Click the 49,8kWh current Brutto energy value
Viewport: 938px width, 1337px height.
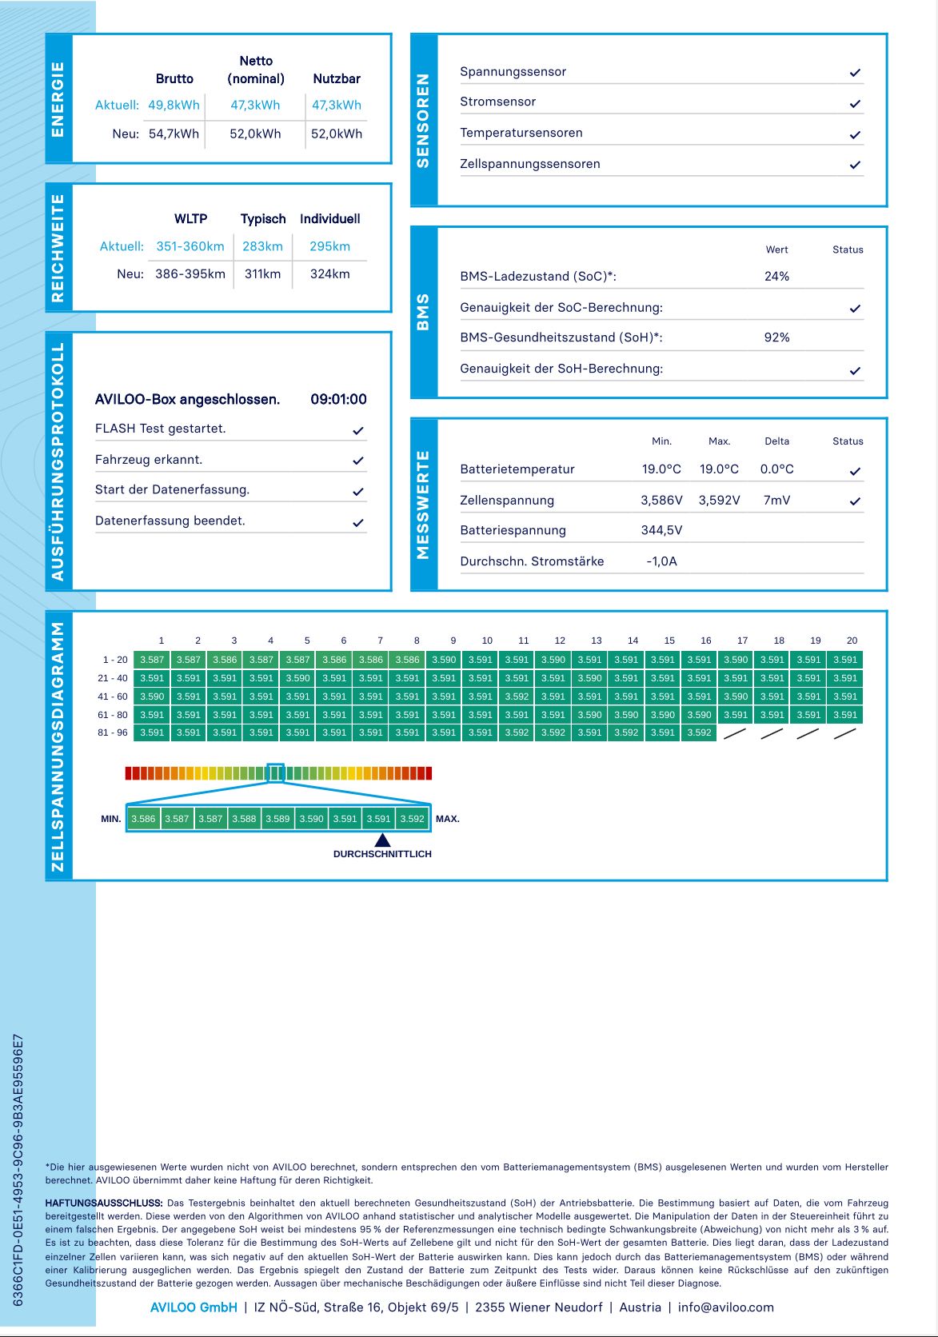pos(174,105)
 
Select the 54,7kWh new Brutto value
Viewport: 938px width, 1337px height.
pos(174,134)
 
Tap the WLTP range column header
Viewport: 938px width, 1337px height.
pos(190,218)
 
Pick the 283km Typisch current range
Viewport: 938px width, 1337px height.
pos(262,246)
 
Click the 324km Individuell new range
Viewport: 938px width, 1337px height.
pos(329,273)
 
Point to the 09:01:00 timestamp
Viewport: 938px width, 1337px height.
pos(338,399)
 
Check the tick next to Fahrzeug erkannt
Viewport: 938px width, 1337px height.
pos(358,461)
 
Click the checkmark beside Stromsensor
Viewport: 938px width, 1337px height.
pos(855,103)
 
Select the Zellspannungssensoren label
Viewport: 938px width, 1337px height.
pos(529,164)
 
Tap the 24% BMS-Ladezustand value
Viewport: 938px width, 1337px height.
pos(776,276)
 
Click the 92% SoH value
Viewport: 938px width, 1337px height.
pos(776,337)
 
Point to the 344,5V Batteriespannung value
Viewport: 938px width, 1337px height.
pos(661,530)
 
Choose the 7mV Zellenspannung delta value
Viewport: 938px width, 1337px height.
pos(776,500)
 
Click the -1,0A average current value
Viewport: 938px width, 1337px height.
pos(661,561)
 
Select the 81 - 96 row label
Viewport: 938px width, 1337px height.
pos(113,732)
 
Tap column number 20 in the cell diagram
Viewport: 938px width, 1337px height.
pos(852,641)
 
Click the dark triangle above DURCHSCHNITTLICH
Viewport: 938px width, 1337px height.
pos(383,840)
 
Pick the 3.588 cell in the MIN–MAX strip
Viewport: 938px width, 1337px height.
pos(244,819)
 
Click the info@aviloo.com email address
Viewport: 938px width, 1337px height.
pos(725,1307)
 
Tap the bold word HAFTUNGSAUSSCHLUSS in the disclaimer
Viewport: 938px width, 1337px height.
pos(104,1203)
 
